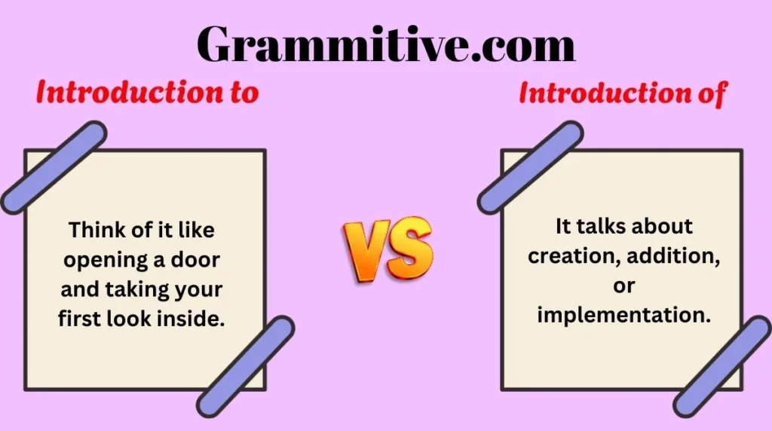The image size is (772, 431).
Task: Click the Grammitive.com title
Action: coord(386,44)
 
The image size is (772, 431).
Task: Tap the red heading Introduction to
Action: coord(148,93)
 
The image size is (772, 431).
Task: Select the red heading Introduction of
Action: coord(623,93)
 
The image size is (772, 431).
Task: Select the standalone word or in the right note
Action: coord(623,286)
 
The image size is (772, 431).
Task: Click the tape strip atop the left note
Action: coord(54,167)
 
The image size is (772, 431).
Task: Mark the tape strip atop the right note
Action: coord(530,167)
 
